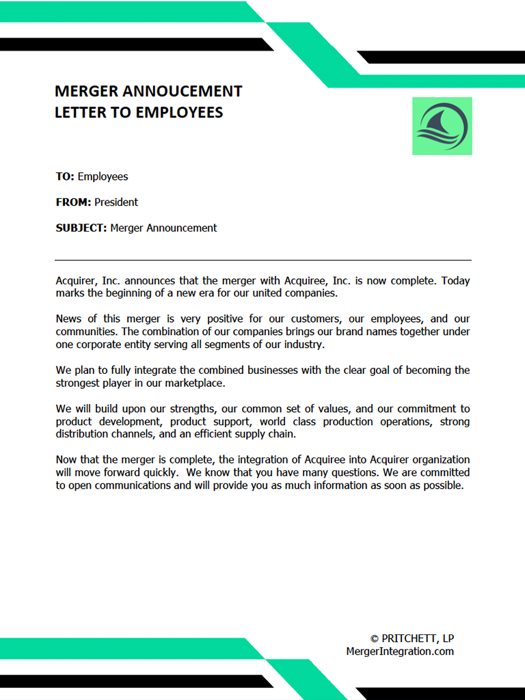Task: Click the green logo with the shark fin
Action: [x=442, y=126]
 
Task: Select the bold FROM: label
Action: [x=73, y=202]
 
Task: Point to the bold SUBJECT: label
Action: [x=81, y=228]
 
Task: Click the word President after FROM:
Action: [x=116, y=202]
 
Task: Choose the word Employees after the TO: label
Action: [x=103, y=176]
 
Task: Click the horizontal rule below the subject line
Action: [x=262, y=260]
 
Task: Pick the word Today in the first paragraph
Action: [x=455, y=281]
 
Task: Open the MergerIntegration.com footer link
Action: [x=400, y=652]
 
